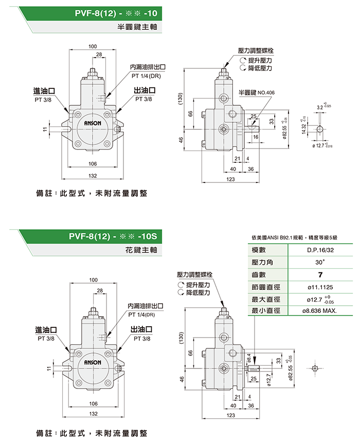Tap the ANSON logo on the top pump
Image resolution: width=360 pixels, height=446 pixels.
click(93, 124)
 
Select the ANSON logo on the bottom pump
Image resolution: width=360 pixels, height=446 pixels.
click(93, 356)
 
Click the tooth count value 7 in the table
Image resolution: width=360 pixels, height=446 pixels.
click(319, 274)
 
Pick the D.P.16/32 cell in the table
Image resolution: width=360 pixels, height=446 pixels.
click(319, 250)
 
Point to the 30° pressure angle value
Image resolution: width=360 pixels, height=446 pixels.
click(319, 262)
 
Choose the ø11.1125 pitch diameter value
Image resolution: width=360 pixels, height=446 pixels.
click(319, 287)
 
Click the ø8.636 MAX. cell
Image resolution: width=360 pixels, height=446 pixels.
click(319, 311)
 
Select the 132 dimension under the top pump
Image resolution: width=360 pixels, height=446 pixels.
click(93, 176)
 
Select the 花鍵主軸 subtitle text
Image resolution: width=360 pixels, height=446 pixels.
click(138, 252)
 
